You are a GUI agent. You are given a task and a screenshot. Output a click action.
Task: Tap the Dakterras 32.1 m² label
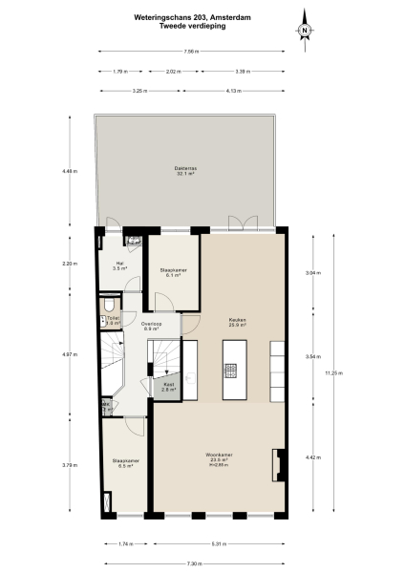tap(184, 172)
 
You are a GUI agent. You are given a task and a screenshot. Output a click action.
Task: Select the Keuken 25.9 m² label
tap(237, 322)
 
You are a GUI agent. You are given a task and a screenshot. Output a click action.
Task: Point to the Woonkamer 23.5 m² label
tap(220, 456)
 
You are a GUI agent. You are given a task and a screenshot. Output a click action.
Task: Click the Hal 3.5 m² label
tap(119, 266)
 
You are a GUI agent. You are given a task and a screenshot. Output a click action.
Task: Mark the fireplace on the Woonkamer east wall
tap(279, 464)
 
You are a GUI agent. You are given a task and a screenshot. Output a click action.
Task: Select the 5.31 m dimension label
tap(222, 543)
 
